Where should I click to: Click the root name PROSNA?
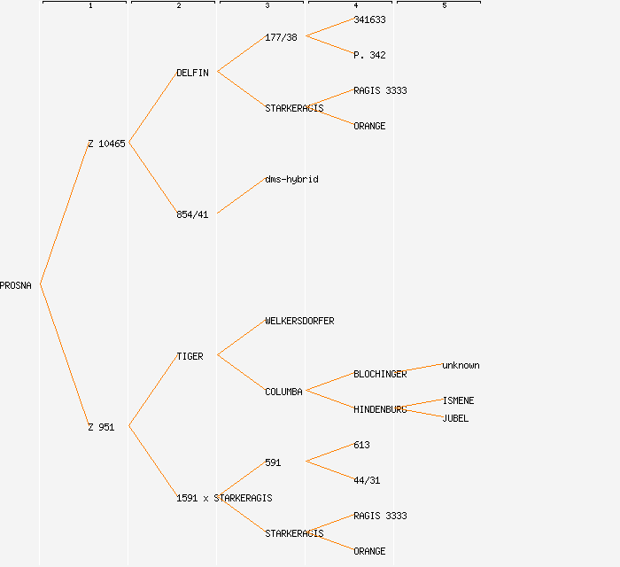(16, 285)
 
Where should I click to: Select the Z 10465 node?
(106, 144)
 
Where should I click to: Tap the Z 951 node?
(101, 427)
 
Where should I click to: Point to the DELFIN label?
(192, 73)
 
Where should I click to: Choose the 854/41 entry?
(192, 214)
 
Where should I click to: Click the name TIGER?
(190, 356)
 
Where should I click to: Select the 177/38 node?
(281, 37)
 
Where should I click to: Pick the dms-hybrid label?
(291, 179)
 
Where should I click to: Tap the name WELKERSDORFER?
(299, 321)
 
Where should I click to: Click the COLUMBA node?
(283, 392)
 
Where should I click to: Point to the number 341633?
(369, 19)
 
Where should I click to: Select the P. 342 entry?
(369, 55)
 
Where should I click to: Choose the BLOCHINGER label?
(380, 374)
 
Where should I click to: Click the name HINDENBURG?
(380, 409)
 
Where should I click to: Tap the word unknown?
(461, 365)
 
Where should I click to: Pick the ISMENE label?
(458, 400)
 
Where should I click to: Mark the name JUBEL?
(455, 418)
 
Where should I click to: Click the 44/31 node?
(367, 480)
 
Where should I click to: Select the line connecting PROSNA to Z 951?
(64, 356)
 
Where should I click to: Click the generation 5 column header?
(445, 6)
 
